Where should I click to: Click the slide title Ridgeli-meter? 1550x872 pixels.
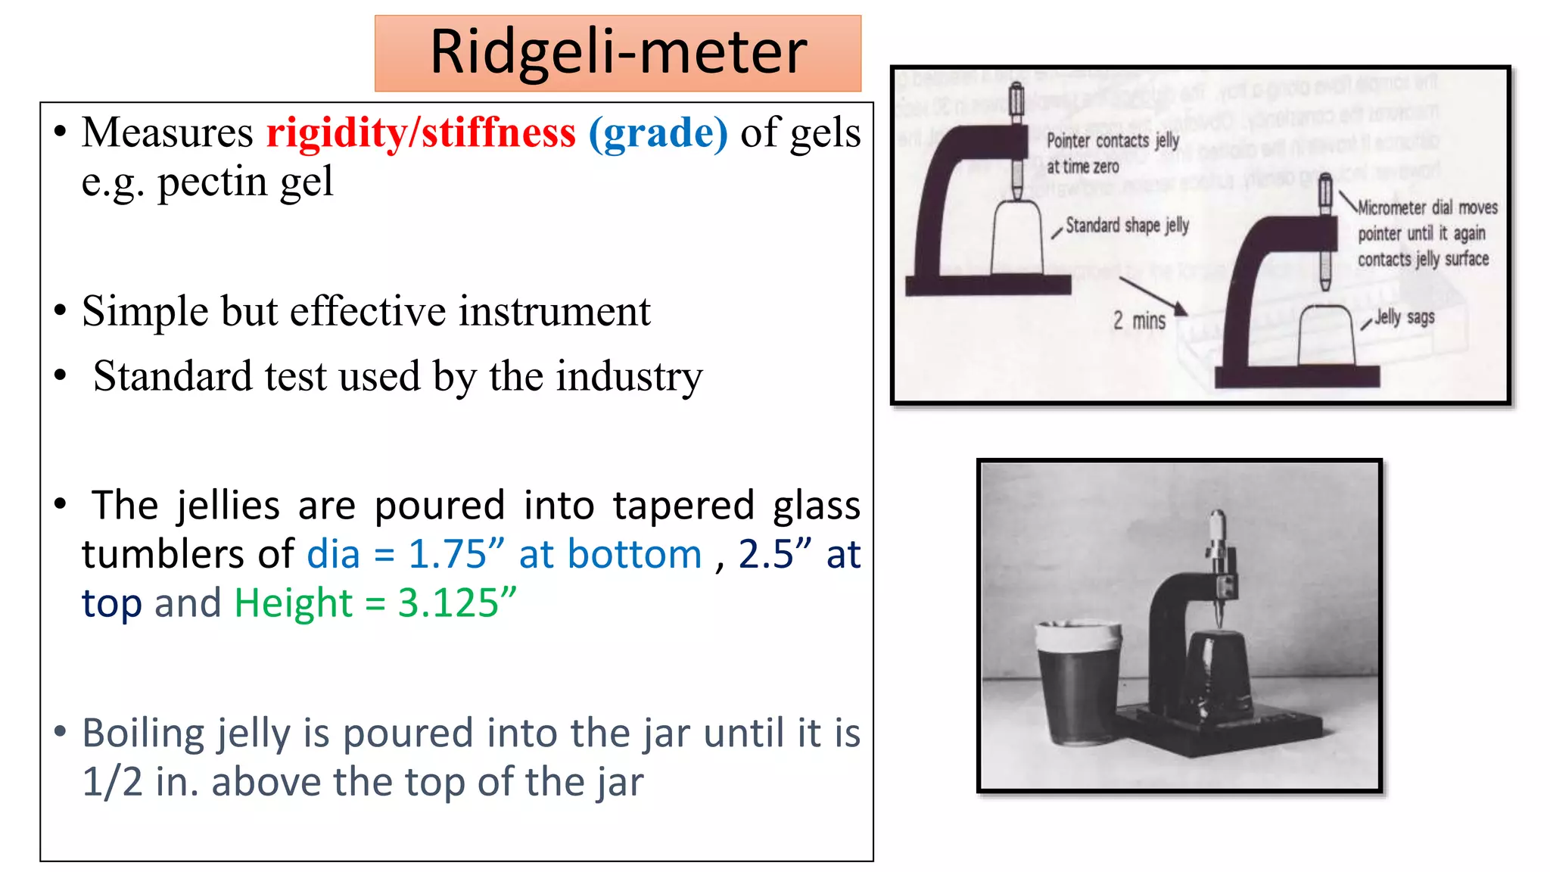(x=618, y=52)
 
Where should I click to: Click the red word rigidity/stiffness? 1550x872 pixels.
(x=421, y=133)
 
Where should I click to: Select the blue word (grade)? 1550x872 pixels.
(x=658, y=133)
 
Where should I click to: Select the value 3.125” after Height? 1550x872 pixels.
(x=457, y=603)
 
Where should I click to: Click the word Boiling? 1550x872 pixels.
(x=144, y=733)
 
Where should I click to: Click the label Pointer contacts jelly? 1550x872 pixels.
(x=1113, y=141)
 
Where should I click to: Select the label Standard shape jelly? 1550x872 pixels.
(x=1127, y=226)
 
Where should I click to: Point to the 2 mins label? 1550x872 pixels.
(x=1139, y=321)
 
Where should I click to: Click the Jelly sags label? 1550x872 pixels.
(x=1405, y=317)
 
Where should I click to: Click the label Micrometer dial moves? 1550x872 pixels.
(x=1427, y=207)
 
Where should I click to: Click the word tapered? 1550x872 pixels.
(x=683, y=506)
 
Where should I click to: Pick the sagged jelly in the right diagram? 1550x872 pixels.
(x=1325, y=336)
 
